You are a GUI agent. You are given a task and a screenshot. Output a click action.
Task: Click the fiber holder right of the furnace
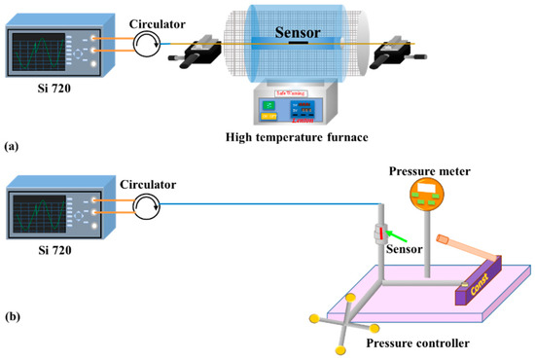(x=397, y=49)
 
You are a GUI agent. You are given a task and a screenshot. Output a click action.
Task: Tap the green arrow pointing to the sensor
(x=398, y=233)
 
